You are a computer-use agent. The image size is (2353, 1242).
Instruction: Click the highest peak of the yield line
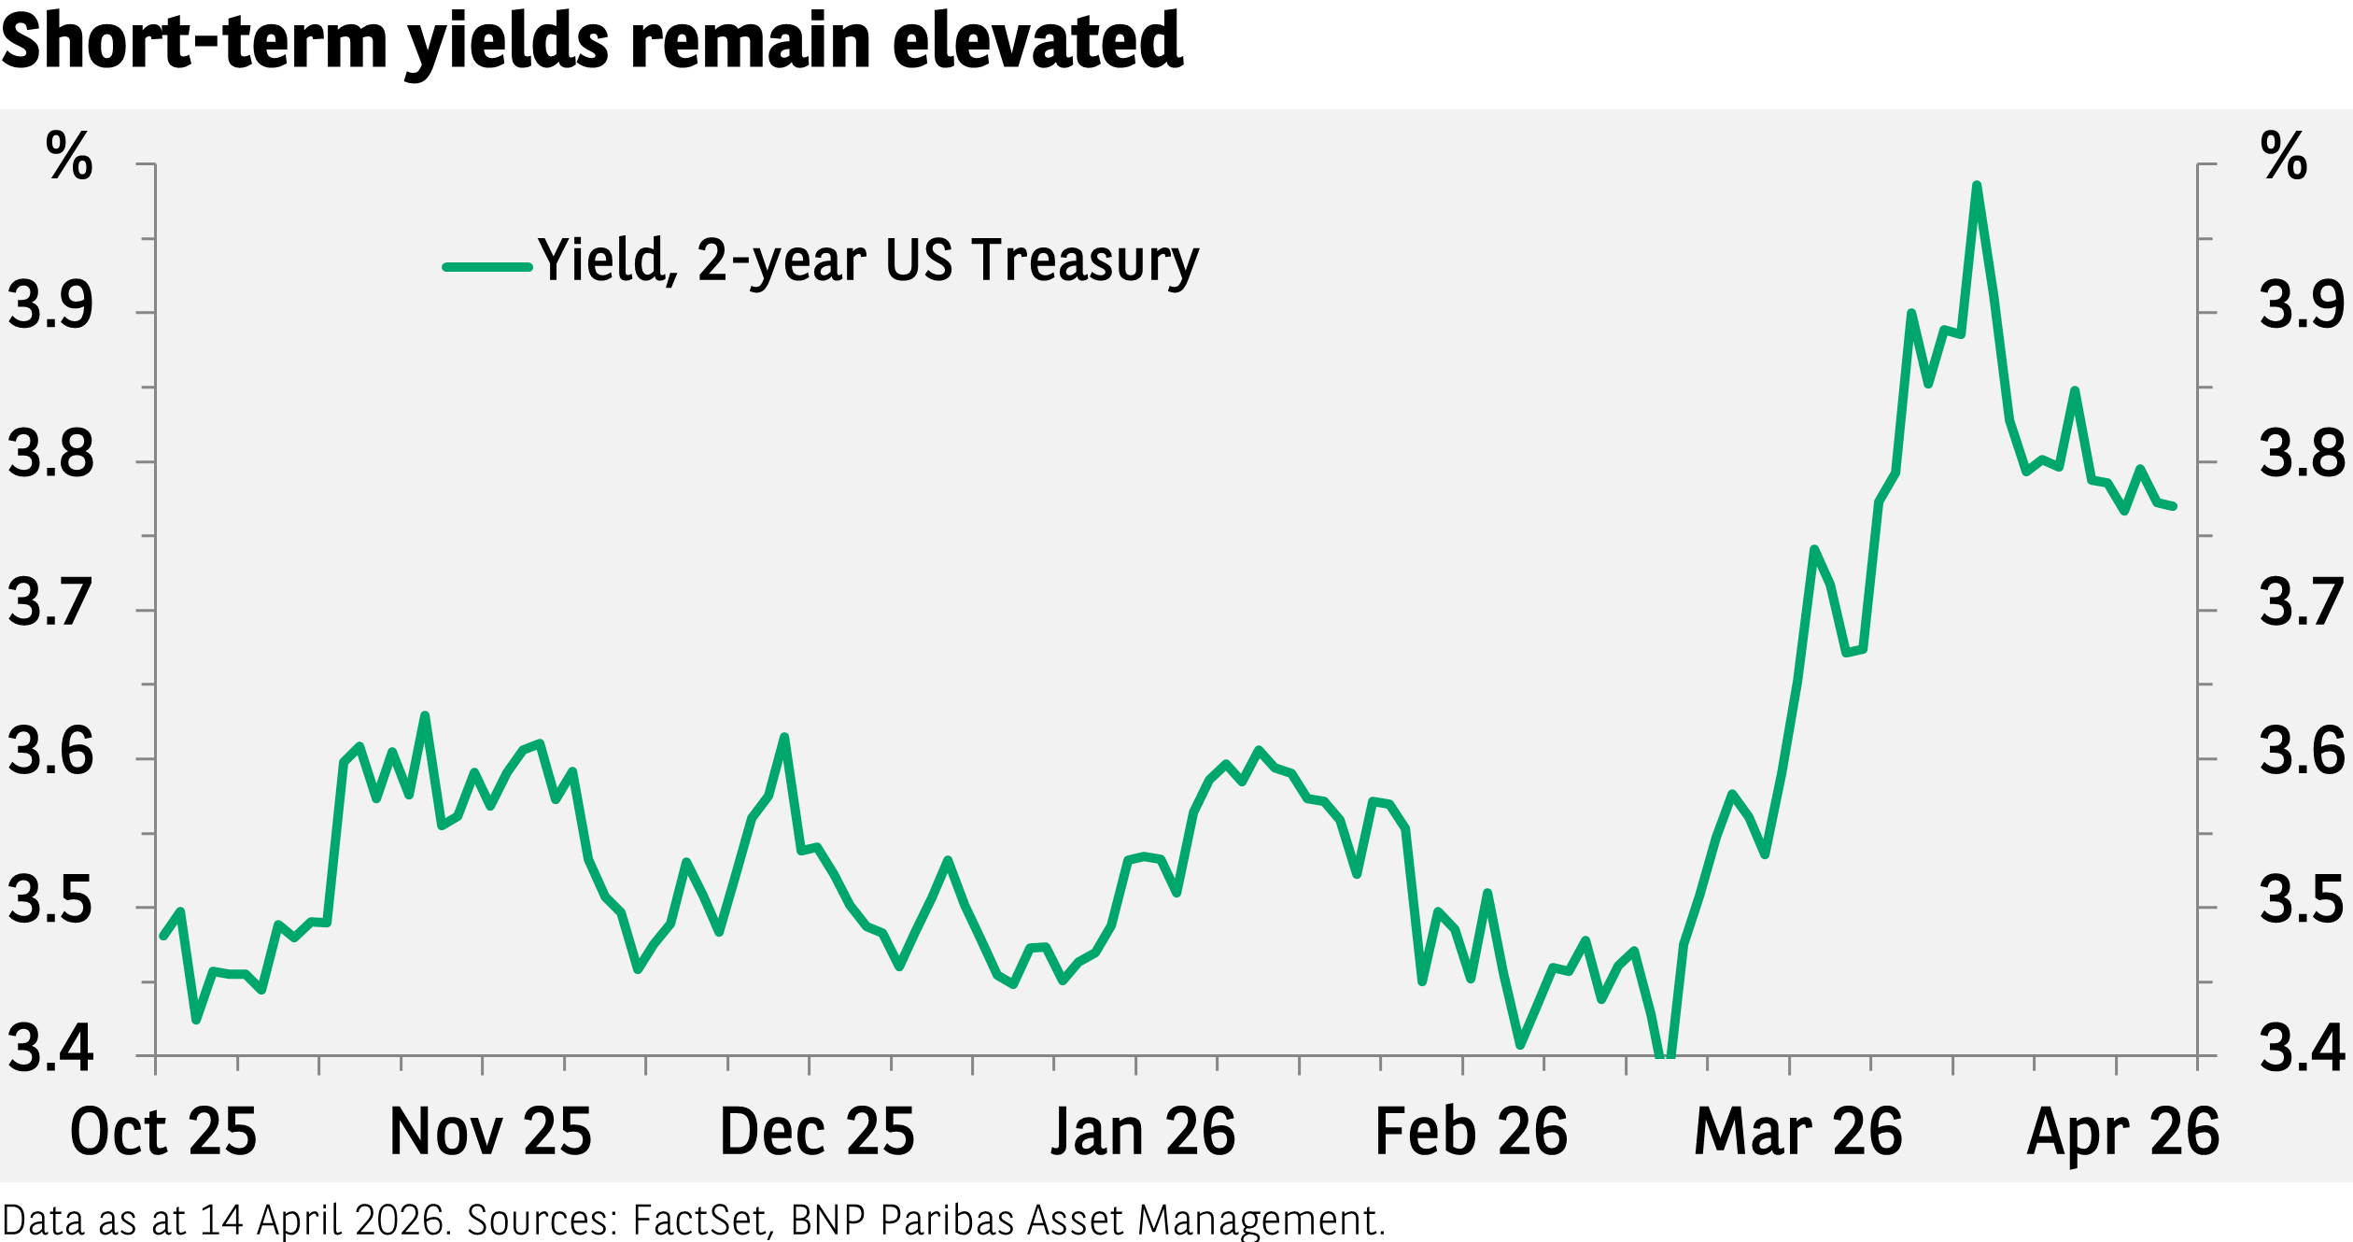click(x=1977, y=186)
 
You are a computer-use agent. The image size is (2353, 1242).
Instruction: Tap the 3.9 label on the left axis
click(x=51, y=305)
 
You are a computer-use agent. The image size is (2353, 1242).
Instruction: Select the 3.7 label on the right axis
click(x=2301, y=602)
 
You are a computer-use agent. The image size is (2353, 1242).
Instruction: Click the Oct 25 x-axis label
click(x=163, y=1132)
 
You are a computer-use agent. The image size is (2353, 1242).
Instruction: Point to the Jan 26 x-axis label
click(x=1143, y=1132)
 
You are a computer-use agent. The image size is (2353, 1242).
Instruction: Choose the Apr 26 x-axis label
click(x=2122, y=1132)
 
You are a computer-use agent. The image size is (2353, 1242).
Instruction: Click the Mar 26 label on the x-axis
click(x=1797, y=1132)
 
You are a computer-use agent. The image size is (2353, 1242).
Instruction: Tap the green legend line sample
click(x=487, y=267)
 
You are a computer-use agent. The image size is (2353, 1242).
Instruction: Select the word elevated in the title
click(x=1037, y=41)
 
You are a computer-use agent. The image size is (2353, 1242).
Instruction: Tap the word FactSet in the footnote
click(x=700, y=1221)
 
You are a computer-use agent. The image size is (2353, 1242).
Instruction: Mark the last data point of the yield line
click(x=2174, y=506)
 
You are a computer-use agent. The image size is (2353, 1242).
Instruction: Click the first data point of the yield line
click(x=163, y=936)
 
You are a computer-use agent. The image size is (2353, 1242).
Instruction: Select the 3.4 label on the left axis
click(x=51, y=1048)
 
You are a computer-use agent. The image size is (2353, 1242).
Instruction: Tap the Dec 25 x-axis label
click(x=817, y=1132)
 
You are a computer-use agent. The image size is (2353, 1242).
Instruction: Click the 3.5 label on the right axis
click(x=2301, y=900)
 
